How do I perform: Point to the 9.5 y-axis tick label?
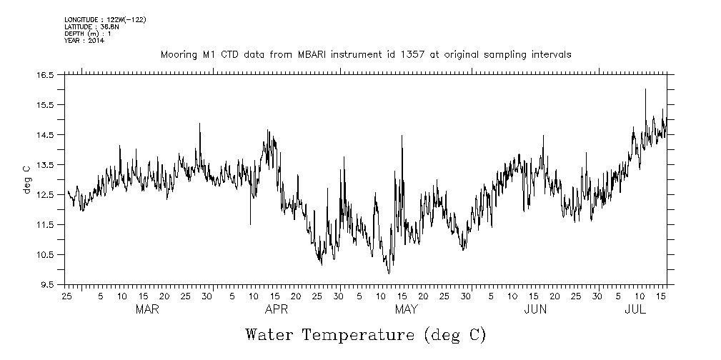47,285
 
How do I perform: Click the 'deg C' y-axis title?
26,179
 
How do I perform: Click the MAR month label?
146,310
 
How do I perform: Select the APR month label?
277,310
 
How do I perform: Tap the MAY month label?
406,310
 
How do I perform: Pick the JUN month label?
535,310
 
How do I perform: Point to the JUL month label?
635,310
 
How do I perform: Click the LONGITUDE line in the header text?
105,19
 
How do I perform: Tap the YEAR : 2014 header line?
84,41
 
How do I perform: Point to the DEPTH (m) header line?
87,34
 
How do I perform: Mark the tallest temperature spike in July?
645,89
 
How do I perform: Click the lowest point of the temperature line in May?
389,273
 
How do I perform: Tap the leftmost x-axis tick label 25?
66,296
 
